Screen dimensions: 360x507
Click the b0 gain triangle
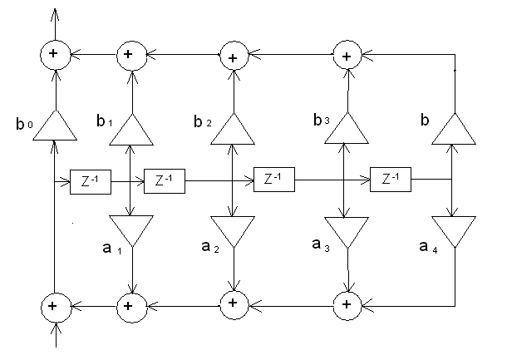click(55, 126)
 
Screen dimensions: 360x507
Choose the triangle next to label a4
click(453, 230)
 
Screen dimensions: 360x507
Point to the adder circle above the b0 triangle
click(55, 54)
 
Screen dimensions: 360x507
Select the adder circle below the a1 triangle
click(129, 305)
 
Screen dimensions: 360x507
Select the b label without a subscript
click(426, 121)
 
